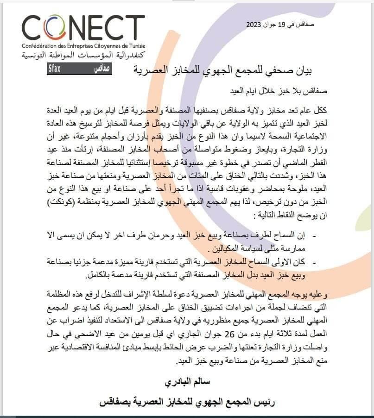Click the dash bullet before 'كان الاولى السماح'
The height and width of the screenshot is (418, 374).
tap(315, 262)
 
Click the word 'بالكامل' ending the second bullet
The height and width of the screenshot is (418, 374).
tap(98, 277)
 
